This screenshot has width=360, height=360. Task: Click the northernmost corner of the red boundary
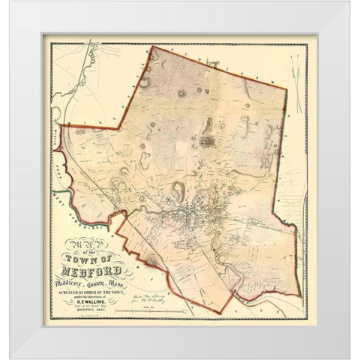[153, 48]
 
